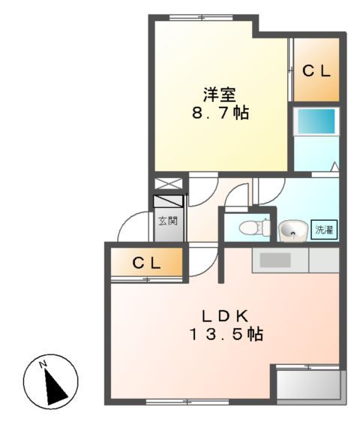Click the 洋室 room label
[220, 95]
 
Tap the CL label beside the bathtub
[316, 71]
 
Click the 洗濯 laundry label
[324, 231]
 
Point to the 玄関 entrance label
[168, 222]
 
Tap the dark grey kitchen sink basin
[275, 261]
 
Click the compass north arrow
[53, 384]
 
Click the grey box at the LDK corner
[308, 385]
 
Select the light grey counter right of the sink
[324, 261]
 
